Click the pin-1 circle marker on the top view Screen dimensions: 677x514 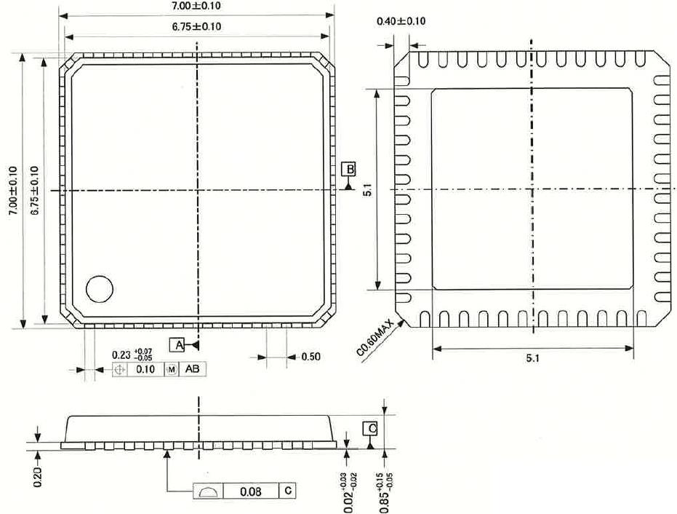point(100,289)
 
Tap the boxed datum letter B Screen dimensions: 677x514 point(348,169)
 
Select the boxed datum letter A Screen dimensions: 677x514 point(178,344)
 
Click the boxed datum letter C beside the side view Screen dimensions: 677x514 point(370,429)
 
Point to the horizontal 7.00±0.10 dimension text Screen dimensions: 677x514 point(196,6)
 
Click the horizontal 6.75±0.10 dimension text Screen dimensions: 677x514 point(196,27)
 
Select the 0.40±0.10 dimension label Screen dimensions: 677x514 point(401,21)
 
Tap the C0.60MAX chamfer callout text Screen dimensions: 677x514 point(374,338)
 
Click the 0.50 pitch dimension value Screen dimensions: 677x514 point(311,357)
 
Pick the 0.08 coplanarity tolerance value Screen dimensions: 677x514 point(250,491)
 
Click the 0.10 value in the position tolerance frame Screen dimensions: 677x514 point(145,369)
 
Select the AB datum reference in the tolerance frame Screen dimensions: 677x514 point(192,369)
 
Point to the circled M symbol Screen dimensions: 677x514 point(172,370)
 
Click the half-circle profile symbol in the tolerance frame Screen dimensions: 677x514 point(207,492)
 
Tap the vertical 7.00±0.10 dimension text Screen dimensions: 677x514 point(13,191)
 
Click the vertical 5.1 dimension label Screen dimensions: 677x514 point(367,190)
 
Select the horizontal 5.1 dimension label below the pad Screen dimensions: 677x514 point(532,358)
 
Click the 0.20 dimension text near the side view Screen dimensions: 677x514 point(38,477)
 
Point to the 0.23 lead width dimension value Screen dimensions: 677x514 point(121,355)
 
